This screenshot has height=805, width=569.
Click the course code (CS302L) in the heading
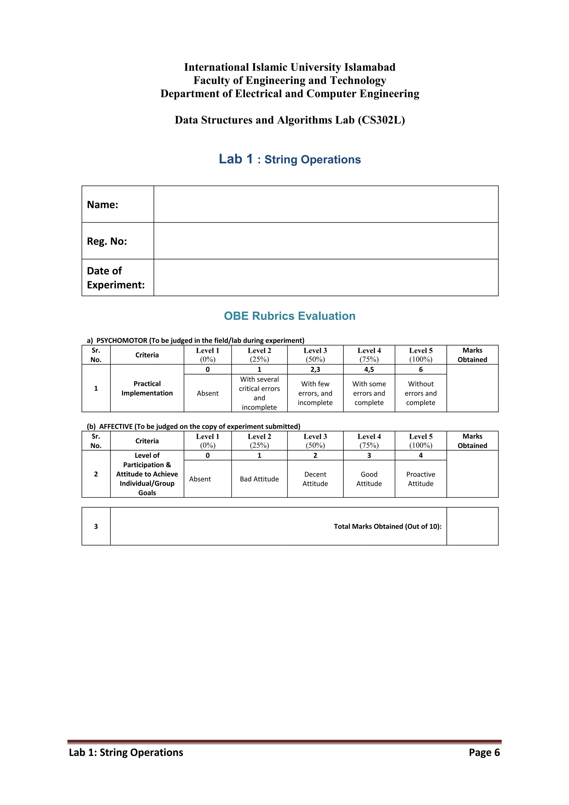[x=381, y=120]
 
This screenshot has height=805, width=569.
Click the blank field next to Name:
[x=326, y=204]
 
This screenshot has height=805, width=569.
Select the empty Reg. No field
[x=326, y=241]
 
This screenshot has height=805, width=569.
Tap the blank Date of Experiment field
[x=326, y=278]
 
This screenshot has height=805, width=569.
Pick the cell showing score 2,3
[x=315, y=369]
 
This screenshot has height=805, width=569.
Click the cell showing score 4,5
[x=369, y=369]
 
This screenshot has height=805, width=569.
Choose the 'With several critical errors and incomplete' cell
[x=259, y=393]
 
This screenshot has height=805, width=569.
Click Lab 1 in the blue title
[x=236, y=159]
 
